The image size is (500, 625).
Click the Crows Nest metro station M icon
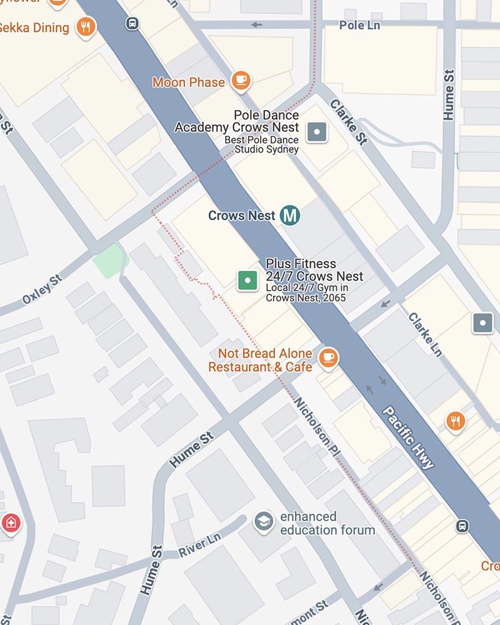[x=289, y=215]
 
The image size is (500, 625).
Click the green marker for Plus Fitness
[x=248, y=281]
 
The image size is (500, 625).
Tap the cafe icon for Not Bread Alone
[x=328, y=358]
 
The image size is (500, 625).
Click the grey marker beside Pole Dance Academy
[x=317, y=131]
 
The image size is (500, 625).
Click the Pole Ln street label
[x=359, y=25]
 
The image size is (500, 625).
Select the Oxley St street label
[x=42, y=288]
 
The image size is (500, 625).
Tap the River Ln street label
[x=200, y=546]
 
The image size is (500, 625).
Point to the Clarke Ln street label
[x=425, y=335]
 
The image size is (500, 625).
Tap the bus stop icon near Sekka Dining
[x=132, y=24]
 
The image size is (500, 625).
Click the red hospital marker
[x=11, y=522]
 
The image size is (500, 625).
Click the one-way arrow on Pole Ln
[x=256, y=25]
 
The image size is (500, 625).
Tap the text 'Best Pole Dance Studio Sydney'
[x=261, y=145]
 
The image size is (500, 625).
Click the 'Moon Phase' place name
[x=188, y=82]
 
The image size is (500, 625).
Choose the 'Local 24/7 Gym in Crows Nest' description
[x=306, y=292]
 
